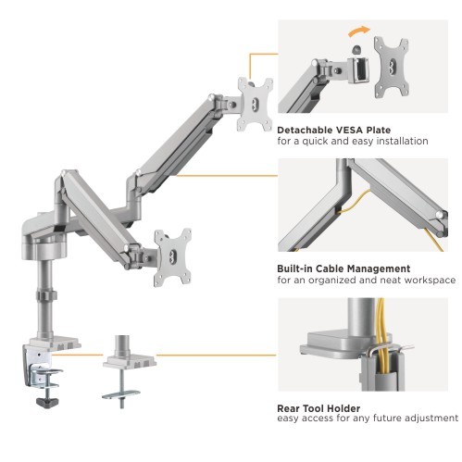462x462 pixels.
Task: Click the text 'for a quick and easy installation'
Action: [352, 142]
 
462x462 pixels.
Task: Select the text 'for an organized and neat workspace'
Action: [366, 281]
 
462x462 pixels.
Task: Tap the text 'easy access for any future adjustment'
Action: [368, 418]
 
